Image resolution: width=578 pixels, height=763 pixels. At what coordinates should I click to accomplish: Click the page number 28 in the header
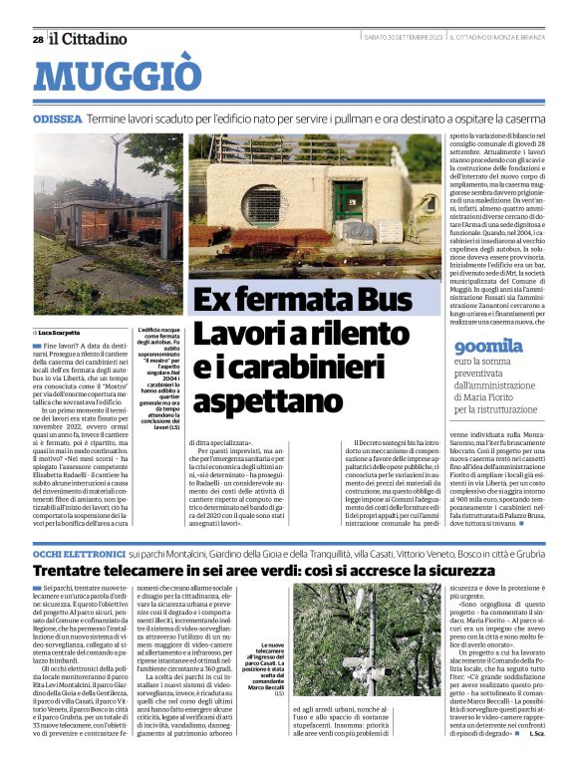37,39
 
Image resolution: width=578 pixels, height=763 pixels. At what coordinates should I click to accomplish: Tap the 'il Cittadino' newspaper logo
89,39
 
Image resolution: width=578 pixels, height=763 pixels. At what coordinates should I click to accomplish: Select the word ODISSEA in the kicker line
58,118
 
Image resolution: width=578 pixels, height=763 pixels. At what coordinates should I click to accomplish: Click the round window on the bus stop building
260,205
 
